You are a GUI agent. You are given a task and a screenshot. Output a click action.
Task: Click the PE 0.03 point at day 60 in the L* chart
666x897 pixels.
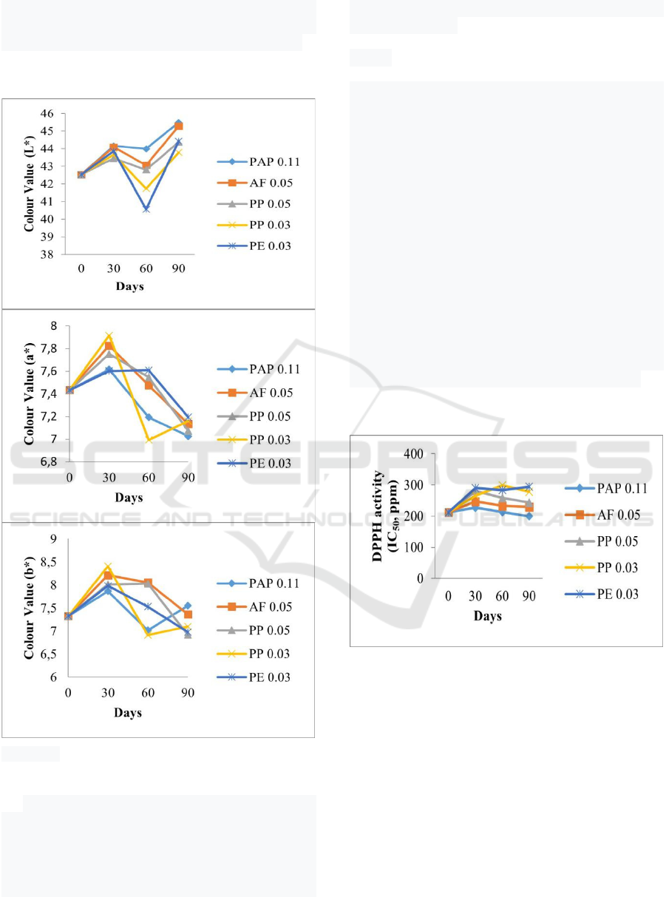146,209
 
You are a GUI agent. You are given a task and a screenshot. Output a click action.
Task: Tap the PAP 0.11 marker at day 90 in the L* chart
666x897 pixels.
179,123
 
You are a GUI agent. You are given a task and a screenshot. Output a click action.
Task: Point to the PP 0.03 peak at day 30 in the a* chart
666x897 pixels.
109,336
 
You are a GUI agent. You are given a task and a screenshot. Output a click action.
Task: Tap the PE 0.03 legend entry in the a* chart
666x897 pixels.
258,463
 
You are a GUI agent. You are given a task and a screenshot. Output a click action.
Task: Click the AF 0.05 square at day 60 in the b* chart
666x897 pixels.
148,583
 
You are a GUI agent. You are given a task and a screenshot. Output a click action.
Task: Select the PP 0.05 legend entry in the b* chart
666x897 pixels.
258,630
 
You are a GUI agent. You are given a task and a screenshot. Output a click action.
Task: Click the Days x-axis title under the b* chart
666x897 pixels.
127,713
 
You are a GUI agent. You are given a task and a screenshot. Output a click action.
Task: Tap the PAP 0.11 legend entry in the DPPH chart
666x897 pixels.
610,488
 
